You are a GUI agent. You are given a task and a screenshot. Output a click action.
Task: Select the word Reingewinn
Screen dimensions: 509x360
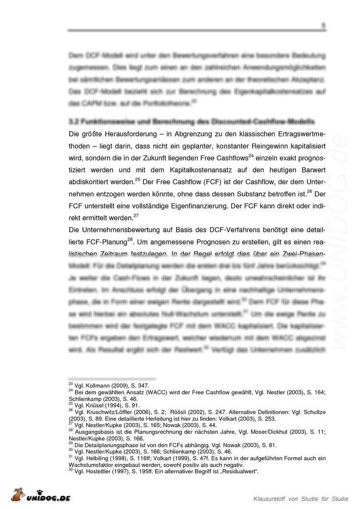pos(241,145)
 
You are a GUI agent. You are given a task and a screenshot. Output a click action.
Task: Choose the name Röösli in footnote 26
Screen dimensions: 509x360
pos(179,412)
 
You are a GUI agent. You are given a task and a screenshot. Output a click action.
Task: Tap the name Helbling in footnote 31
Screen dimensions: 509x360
pos(98,458)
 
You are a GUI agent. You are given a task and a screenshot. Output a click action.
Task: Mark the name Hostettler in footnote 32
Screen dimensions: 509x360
pos(101,472)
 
